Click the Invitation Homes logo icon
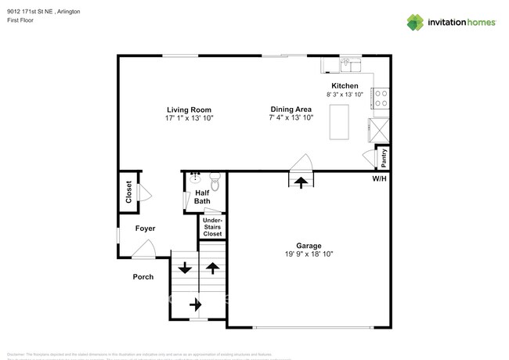416,22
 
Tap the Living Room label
189,109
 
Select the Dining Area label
292,109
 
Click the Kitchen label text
345,86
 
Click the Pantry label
384,158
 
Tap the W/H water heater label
379,179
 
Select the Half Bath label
202,197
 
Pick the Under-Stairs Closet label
212,228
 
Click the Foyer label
145,229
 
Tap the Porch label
143,277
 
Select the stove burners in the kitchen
382,98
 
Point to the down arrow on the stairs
185,268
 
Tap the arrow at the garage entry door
301,182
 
